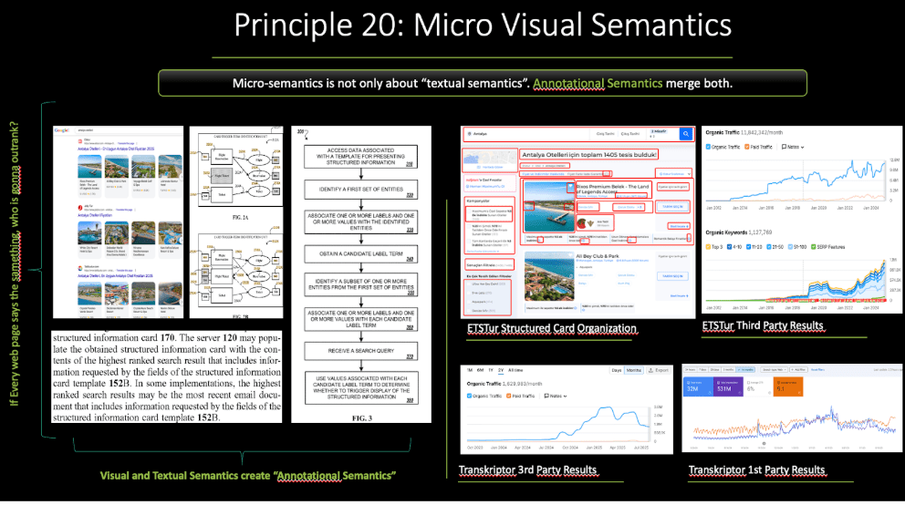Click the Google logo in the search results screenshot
click(64, 130)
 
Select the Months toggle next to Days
click(633, 370)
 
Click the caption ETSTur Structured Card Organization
click(551, 328)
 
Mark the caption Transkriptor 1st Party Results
click(757, 470)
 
